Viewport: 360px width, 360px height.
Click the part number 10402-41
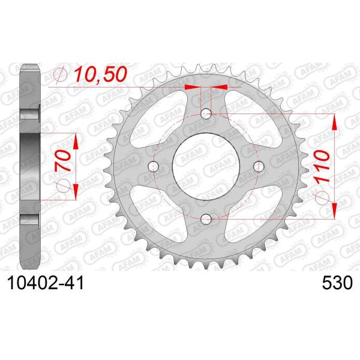46,283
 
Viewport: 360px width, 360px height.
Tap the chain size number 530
337,283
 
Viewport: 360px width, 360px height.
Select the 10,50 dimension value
101,74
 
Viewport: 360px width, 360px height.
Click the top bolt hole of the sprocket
206,113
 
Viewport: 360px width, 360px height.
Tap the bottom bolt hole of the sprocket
206,219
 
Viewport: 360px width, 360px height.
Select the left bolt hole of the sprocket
154,166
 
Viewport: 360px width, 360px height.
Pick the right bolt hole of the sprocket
259,166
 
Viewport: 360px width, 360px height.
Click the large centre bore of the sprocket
206,166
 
